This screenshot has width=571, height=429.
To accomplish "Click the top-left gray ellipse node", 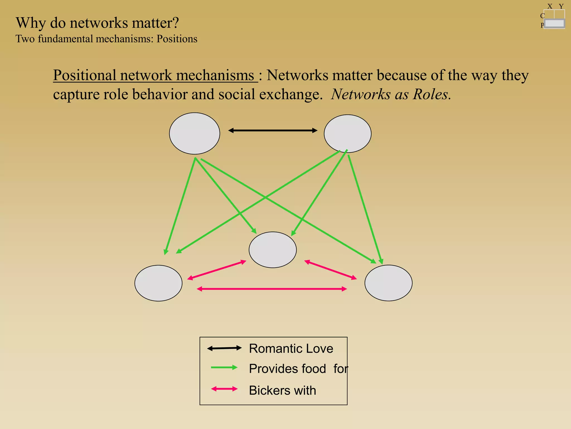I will point(194,134).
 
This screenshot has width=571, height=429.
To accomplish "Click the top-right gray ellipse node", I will point(347,134).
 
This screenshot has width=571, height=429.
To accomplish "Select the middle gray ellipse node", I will point(272,250).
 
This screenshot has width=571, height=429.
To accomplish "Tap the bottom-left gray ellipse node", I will point(158,283).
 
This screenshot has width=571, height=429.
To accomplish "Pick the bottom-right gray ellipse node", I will point(388,283).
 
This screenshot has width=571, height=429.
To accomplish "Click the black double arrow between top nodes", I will point(273,130).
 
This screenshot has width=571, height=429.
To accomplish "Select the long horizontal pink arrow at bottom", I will point(272,289).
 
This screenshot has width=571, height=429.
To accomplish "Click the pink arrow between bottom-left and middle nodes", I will point(217,270).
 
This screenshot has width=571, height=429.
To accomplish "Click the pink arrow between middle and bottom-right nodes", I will point(330,270).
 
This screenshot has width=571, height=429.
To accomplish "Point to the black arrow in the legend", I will point(224,348).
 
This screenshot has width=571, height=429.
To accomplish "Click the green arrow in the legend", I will point(224,368).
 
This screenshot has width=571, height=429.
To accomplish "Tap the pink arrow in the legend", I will point(224,389).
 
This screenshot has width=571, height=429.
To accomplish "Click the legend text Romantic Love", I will point(291,349).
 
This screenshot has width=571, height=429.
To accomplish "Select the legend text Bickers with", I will point(282,390).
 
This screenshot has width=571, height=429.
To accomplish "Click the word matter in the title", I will point(152,23).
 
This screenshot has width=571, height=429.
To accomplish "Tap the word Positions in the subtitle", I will point(177,39).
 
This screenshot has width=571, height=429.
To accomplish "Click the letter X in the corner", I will point(550,6).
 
